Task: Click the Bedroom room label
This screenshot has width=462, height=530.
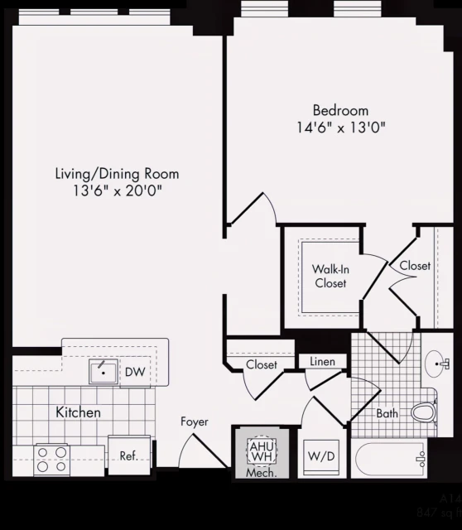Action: tap(340, 110)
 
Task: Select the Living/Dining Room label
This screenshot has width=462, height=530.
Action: tap(117, 174)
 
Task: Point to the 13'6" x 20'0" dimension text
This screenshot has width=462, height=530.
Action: tap(117, 191)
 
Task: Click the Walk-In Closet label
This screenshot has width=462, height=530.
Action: tap(329, 276)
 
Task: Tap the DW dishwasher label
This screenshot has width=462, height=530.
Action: tap(135, 373)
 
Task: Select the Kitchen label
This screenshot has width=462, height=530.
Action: tap(78, 412)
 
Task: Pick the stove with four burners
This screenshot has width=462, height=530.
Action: tap(51, 459)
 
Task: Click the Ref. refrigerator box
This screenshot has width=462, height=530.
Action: tap(128, 455)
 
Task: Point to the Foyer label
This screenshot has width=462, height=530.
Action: tap(195, 422)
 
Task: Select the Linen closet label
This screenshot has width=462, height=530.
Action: tap(322, 362)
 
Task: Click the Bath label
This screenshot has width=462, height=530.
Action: tap(387, 413)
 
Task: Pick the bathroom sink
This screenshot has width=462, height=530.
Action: tap(436, 363)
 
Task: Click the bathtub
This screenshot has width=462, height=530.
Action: tap(387, 460)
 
